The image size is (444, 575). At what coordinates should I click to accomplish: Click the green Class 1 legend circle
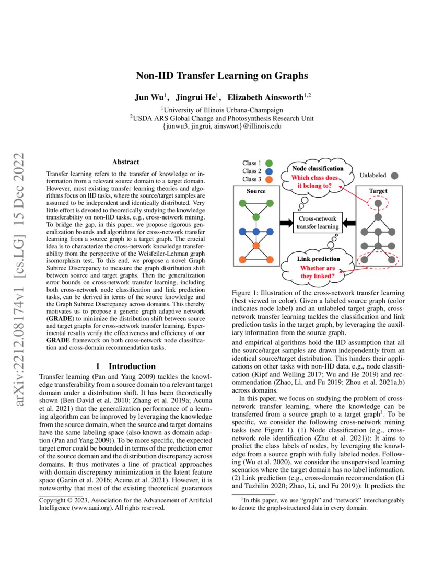coord(270,163)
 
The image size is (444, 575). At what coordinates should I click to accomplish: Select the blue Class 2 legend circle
coord(270,171)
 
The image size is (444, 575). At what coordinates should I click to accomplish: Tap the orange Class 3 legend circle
coord(270,180)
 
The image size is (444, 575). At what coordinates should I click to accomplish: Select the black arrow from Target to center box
coord(350,222)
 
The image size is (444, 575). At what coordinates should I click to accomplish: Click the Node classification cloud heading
coord(317,168)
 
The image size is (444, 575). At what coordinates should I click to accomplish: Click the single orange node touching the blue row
coord(256,245)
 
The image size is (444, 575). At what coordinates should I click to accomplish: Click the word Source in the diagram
coord(256,191)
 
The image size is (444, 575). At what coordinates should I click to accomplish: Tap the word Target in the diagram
coord(378,191)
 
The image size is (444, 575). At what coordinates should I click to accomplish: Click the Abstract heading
coord(125,162)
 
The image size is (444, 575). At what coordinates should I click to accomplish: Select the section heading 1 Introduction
coord(125,366)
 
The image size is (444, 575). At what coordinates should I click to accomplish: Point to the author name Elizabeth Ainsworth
coord(266,97)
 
